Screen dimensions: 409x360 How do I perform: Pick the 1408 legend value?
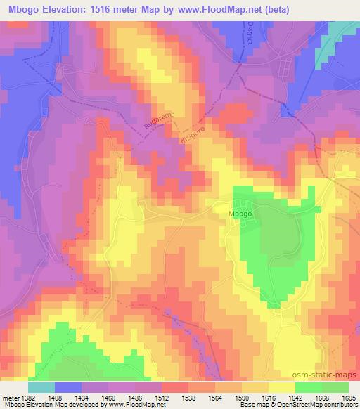pyautogui.click(x=54, y=397)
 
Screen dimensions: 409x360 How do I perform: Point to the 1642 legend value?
pyautogui.click(x=295, y=397)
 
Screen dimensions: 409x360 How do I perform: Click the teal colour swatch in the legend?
pyautogui.click(x=41, y=387)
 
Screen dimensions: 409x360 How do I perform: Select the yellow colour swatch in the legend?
pyautogui.click(x=281, y=387)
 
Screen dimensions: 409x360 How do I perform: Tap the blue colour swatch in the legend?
pyautogui.click(x=67, y=387)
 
